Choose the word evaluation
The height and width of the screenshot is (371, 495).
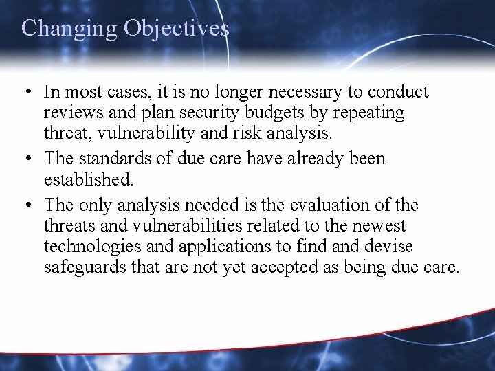pos(329,206)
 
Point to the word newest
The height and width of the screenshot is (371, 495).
pos(382,226)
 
